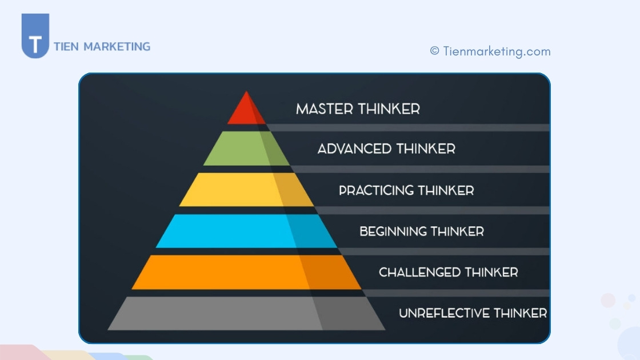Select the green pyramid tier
coord(246,148)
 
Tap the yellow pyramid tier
coord(246,189)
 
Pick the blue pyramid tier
coord(246,231)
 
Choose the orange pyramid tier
coord(246,272)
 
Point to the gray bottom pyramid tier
coord(246,314)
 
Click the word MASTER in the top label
coord(325,109)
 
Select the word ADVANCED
coord(354,149)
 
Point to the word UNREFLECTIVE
coord(443,313)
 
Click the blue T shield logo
coord(35,36)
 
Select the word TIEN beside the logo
coord(66,46)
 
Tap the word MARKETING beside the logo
coord(117,46)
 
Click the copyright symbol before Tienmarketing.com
coord(435,51)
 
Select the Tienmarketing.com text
coord(497,51)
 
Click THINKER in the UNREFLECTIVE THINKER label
coord(521,313)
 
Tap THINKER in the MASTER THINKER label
coord(389,109)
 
